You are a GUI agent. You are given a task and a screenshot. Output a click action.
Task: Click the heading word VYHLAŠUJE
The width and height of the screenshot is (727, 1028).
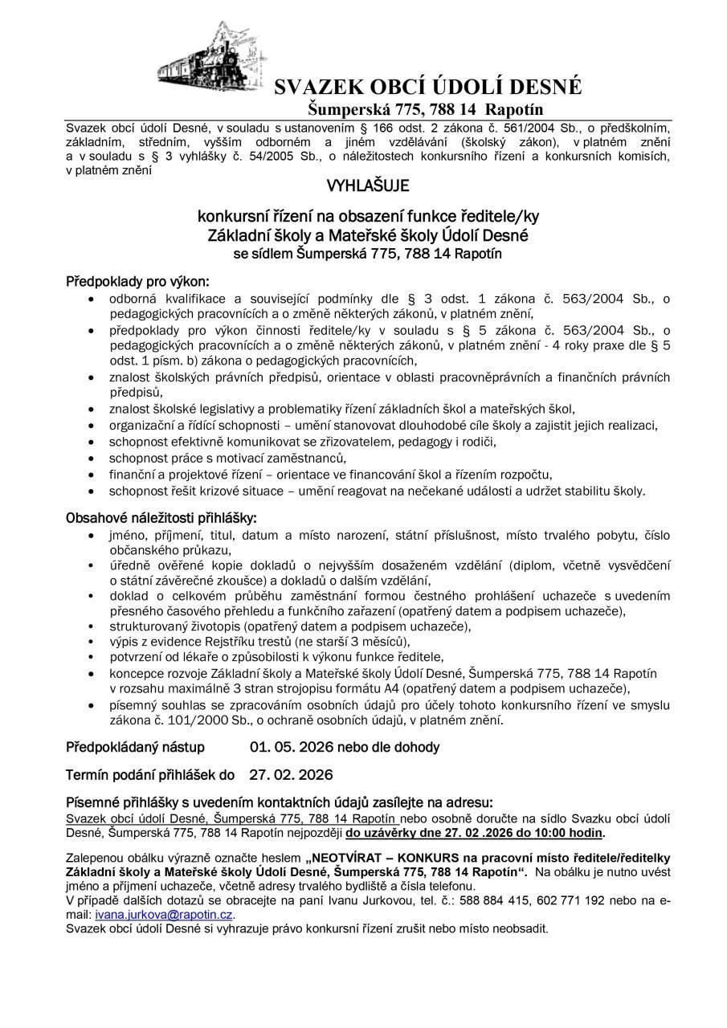click(367, 187)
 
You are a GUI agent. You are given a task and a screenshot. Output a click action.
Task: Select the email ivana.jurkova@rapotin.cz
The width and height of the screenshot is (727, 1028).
click(164, 914)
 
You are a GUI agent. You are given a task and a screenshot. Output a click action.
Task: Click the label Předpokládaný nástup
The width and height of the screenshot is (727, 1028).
click(135, 747)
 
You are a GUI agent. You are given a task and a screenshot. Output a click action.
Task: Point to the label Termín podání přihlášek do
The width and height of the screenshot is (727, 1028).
click(150, 775)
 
